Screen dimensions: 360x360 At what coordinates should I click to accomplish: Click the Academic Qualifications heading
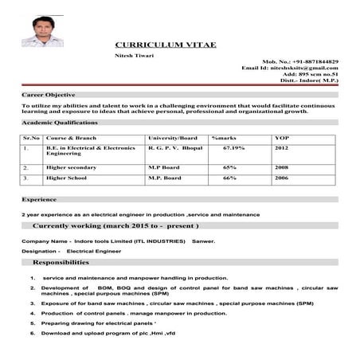click(x=60, y=123)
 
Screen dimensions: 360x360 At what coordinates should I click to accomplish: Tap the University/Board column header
click(x=172, y=139)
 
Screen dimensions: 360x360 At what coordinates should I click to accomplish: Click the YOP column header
click(x=283, y=139)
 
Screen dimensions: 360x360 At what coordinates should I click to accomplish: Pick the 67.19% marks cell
click(x=233, y=148)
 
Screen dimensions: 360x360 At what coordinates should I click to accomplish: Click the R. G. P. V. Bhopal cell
click(x=174, y=148)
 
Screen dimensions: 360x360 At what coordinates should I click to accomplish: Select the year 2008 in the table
click(x=282, y=168)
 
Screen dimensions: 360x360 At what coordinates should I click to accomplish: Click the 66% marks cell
click(x=230, y=178)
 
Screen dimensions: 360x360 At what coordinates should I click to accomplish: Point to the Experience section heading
click(x=39, y=199)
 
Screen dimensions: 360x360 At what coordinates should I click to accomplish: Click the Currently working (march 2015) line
click(x=112, y=227)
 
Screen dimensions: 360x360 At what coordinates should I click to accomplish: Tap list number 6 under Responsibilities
click(x=33, y=333)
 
